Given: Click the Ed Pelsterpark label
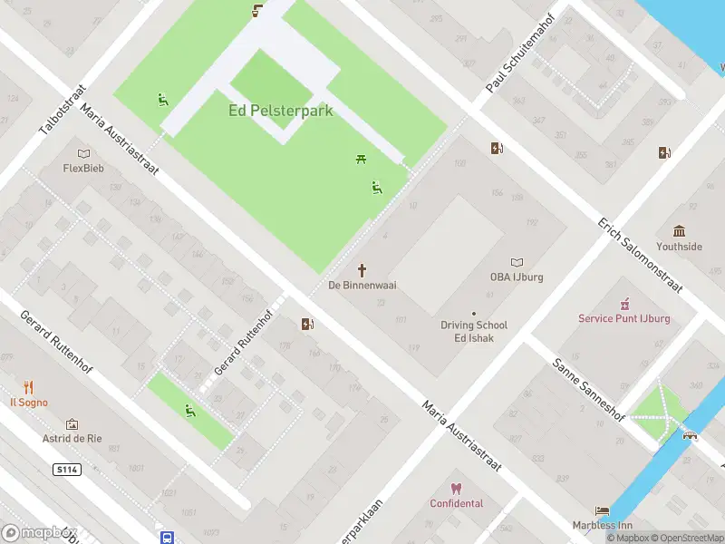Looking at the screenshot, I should [280, 111].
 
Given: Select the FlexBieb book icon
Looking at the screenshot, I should [84, 154].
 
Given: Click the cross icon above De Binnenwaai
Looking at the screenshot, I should [362, 270].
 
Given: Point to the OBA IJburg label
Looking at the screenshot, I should [516, 277].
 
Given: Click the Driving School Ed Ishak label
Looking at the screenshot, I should [474, 331].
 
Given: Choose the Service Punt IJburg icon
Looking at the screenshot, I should [624, 305].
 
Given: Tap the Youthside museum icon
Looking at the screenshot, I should [679, 231].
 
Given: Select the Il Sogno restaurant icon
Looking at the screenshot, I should [29, 387].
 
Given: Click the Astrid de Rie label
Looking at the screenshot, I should [72, 439].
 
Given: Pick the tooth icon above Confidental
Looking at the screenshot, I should [456, 489].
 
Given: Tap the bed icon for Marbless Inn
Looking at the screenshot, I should [602, 511].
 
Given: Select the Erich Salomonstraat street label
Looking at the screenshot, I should [638, 255].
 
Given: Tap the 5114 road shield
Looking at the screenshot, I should [67, 470].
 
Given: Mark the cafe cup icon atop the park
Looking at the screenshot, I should [257, 11].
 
